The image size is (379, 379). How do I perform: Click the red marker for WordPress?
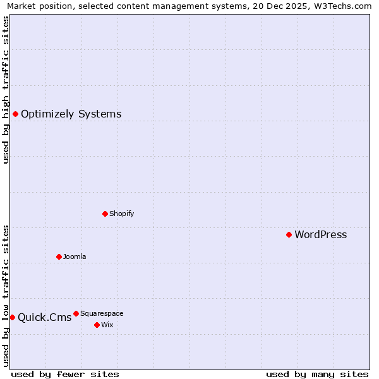(289, 234)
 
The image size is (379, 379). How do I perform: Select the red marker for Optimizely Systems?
(15, 114)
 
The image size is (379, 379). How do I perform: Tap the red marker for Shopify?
(105, 214)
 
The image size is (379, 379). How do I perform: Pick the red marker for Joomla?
(59, 256)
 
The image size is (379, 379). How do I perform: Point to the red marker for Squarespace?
(76, 313)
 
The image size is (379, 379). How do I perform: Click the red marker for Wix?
(97, 325)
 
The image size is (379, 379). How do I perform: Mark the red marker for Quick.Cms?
(12, 317)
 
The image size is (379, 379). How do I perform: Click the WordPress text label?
(320, 235)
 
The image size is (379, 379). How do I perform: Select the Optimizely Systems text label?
(71, 114)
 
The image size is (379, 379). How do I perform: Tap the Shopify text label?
(121, 214)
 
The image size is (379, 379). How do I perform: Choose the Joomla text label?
(75, 256)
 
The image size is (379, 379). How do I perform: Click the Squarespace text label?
(102, 313)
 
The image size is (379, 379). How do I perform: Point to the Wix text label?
(107, 325)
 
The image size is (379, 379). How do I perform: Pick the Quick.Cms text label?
(44, 318)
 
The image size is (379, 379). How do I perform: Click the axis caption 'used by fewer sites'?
(65, 374)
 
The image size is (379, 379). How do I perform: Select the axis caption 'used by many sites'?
(317, 374)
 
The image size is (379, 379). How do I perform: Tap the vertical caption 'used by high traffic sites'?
(6, 90)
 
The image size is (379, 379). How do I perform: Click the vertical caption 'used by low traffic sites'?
(6, 295)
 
